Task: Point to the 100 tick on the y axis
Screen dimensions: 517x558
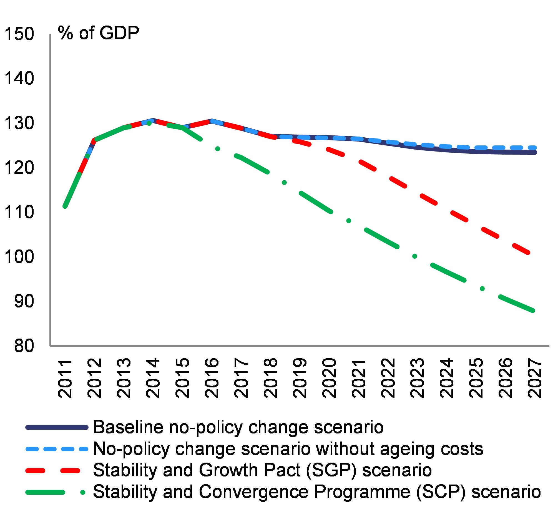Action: [x=19, y=257]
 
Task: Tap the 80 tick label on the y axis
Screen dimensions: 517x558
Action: [x=24, y=346]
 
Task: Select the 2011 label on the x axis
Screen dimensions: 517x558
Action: [x=65, y=379]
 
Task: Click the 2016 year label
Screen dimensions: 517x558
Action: [x=212, y=379]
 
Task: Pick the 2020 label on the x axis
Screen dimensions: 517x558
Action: [x=329, y=379]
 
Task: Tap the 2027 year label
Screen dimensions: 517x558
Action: [x=534, y=379]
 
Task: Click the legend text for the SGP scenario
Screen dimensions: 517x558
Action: [x=262, y=470]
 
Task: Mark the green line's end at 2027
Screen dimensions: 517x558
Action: [x=533, y=311]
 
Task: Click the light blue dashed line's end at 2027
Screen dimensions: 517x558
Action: [x=534, y=147]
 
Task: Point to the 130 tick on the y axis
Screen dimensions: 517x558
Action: [x=19, y=123]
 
